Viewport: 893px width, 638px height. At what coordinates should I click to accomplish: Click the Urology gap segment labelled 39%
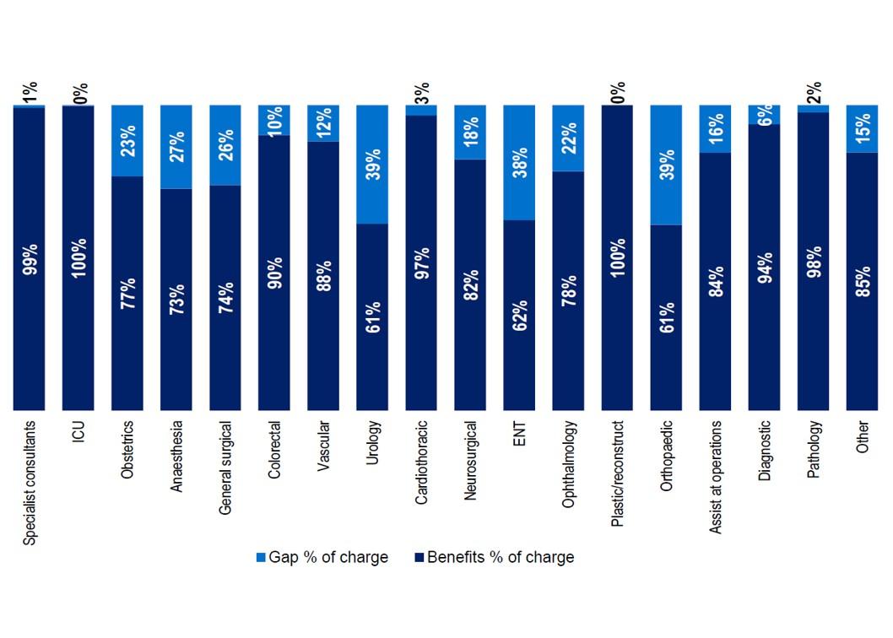pyautogui.click(x=372, y=165)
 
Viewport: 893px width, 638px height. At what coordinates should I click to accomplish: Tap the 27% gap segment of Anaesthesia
pyautogui.click(x=176, y=147)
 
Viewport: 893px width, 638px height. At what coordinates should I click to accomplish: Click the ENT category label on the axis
pyautogui.click(x=519, y=434)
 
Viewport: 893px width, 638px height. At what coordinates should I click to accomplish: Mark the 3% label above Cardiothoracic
pyautogui.click(x=422, y=91)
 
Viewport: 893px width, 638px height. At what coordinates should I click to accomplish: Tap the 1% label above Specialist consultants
pyautogui.click(x=30, y=91)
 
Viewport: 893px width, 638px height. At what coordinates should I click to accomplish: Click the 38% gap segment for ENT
pyautogui.click(x=519, y=163)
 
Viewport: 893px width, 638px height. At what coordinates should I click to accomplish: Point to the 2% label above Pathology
pyautogui.click(x=813, y=91)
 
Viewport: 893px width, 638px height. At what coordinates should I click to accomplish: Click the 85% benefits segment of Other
pyautogui.click(x=862, y=281)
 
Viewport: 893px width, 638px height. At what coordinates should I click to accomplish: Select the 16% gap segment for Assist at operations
pyautogui.click(x=715, y=129)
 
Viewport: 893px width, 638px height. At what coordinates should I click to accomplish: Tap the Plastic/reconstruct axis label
pyautogui.click(x=617, y=473)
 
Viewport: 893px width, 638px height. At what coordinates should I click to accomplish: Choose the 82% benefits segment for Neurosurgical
pyautogui.click(x=470, y=284)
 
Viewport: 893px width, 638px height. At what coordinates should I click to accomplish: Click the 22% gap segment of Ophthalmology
pyautogui.click(x=568, y=138)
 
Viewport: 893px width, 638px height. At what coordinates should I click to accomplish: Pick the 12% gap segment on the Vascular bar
pyautogui.click(x=323, y=123)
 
